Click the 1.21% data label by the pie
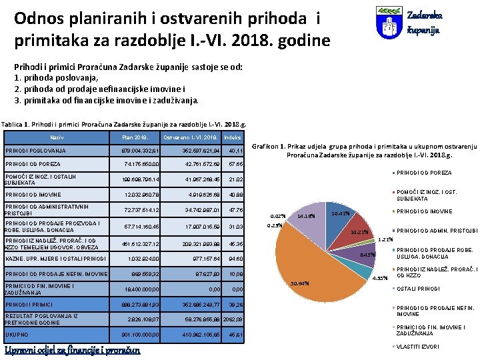385,239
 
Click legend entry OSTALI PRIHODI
419,289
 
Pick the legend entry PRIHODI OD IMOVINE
427,211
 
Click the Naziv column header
57,137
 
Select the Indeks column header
233,137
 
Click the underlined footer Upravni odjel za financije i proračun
73,350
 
